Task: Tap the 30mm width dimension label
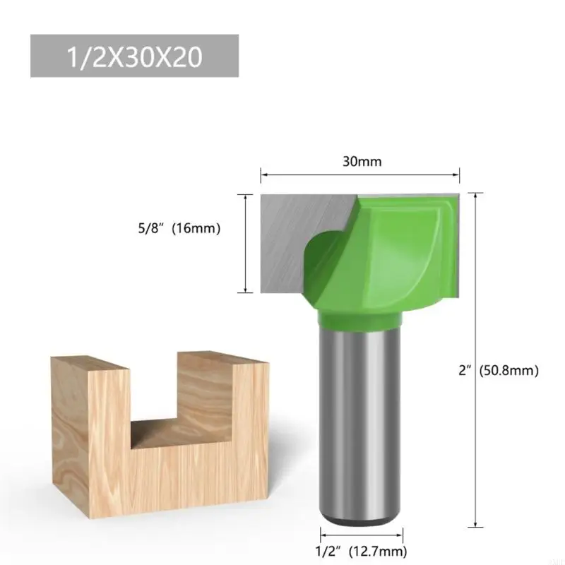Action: click(x=362, y=161)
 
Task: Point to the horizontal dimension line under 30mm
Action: click(x=360, y=172)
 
